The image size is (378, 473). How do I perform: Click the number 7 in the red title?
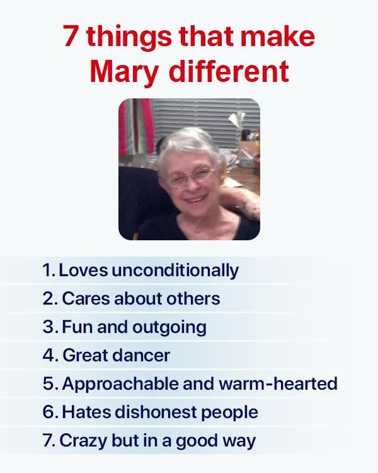70,36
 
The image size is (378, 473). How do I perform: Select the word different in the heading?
229,71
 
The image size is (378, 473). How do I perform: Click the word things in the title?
129,38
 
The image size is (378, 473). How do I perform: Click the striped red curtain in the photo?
136,127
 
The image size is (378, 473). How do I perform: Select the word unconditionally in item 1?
175,270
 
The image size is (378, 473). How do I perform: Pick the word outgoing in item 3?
169,327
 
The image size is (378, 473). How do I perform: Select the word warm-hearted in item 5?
278,383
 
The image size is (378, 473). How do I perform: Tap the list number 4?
50,355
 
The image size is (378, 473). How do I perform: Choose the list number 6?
50,412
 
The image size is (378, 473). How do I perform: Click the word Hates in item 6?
86,412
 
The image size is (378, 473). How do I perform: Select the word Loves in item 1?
83,271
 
